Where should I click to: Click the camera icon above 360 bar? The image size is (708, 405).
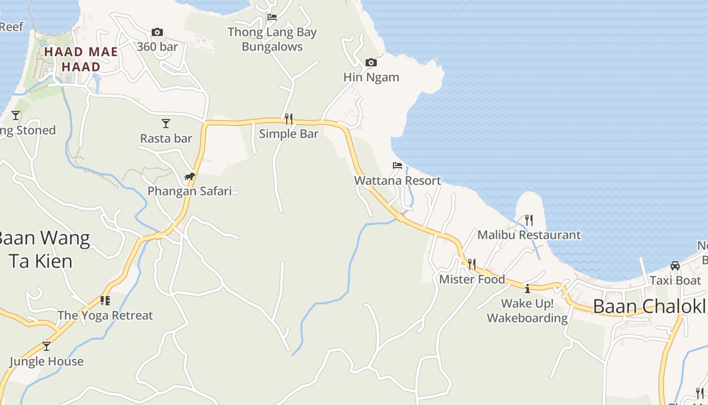[x=157, y=32]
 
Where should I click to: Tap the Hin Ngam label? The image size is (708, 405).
[x=371, y=77]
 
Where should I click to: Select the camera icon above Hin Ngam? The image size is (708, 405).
[x=371, y=63]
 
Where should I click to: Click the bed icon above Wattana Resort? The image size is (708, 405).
[x=397, y=166]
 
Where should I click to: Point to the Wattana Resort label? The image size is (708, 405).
[x=397, y=181]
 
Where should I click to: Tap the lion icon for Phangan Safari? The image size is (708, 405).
[x=190, y=177]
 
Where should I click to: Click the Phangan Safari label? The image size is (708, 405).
[x=190, y=191]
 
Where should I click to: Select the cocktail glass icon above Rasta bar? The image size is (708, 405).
[x=166, y=124]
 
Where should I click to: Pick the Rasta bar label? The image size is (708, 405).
[x=166, y=138]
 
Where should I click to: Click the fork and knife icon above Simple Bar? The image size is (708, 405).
[x=289, y=119]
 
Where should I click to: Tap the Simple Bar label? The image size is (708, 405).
[x=289, y=134]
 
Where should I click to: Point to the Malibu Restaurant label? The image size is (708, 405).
[x=529, y=235]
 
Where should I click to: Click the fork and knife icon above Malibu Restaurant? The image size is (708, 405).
[x=529, y=220]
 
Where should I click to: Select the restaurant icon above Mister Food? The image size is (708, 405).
[x=472, y=264]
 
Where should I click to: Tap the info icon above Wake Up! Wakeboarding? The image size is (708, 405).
[x=527, y=289]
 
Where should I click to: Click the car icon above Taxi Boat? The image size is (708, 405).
[x=675, y=266]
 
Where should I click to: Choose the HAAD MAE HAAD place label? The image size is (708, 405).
[x=81, y=59]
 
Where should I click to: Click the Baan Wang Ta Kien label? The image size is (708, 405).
[x=43, y=250]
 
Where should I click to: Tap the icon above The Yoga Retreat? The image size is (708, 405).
[x=105, y=301]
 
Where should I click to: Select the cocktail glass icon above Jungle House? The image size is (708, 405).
[x=47, y=346]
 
